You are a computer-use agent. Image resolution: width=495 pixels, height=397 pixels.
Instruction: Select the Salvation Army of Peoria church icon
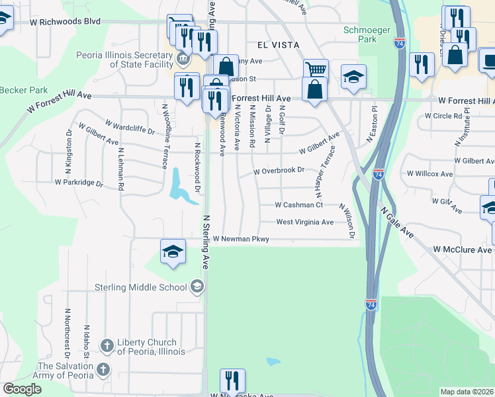pyautogui.click(x=103, y=369)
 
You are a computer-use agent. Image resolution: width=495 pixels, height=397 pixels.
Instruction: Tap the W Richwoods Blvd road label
pyautogui.click(x=65, y=21)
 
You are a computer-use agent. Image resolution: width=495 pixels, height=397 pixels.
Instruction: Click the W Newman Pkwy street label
pyautogui.click(x=241, y=239)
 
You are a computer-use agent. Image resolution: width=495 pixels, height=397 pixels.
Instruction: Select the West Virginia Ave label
pyautogui.click(x=305, y=222)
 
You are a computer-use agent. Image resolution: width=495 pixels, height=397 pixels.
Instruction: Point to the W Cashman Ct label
pyautogui.click(x=298, y=205)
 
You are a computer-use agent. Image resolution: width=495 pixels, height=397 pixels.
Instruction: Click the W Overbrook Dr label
pyautogui.click(x=279, y=171)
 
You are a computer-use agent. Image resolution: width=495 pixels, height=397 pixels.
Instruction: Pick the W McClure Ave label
pyautogui.click(x=463, y=249)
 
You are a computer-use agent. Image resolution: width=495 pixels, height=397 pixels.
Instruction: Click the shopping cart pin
pyautogui.click(x=316, y=70)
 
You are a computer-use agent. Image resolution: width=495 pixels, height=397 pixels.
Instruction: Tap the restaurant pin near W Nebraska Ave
pyautogui.click(x=232, y=380)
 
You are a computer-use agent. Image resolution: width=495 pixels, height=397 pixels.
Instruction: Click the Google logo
pyautogui.click(x=22, y=389)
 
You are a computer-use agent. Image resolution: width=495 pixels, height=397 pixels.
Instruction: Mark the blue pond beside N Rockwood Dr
pyautogui.click(x=177, y=183)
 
